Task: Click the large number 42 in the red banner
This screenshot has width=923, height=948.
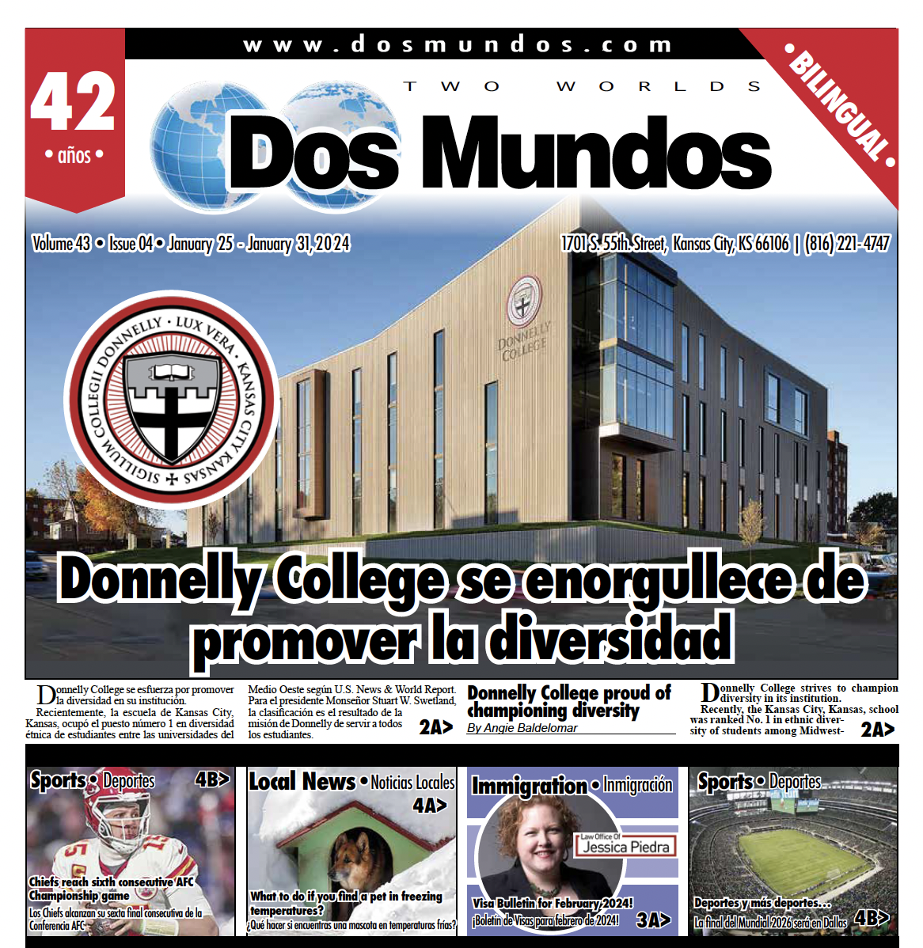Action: tap(73, 101)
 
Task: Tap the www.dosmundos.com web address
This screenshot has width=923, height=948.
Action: tap(458, 44)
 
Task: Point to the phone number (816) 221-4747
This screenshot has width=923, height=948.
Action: tap(847, 244)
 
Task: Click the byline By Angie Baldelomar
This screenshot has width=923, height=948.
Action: tap(522, 728)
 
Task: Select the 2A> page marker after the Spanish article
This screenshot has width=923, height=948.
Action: tap(436, 727)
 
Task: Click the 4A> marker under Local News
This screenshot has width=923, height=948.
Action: tap(429, 805)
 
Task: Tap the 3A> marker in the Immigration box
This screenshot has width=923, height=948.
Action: tap(653, 920)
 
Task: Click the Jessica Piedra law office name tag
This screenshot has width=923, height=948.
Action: tap(625, 845)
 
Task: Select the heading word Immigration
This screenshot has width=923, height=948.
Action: tap(529, 785)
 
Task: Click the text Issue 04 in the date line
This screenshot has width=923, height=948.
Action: tap(131, 244)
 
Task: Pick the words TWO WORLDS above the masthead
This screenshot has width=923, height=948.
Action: tap(582, 86)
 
